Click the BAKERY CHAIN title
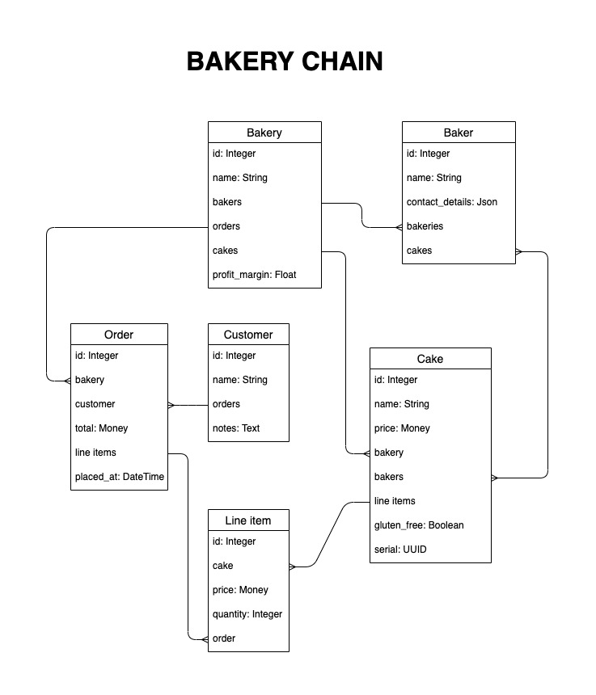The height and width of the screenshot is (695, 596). pos(285,61)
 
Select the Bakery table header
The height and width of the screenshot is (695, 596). pos(264,133)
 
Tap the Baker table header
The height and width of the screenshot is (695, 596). pos(459,133)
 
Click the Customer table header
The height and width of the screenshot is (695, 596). pos(248,335)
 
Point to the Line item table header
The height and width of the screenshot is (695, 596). pos(248,520)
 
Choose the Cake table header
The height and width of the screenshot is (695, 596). pos(430,359)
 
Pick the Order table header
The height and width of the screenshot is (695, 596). pos(119,335)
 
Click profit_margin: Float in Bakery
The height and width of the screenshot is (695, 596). pos(254,275)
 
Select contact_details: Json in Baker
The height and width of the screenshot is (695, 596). pos(452,202)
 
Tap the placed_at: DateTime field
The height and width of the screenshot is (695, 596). pos(120,477)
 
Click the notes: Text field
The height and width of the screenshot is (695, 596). pos(236,428)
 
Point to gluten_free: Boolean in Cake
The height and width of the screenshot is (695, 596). pos(419,525)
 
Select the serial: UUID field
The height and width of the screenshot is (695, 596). pos(400,550)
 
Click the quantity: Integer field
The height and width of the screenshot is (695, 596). pos(247,614)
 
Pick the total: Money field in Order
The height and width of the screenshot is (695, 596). pos(101,428)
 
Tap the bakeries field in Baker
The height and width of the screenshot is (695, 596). pos(425,226)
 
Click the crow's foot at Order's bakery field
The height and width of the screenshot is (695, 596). pos(67,381)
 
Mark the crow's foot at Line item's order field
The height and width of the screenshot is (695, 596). pos(205,639)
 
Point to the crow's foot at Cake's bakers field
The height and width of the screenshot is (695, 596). pos(494,478)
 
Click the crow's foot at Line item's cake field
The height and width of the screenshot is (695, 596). pos(292,567)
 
